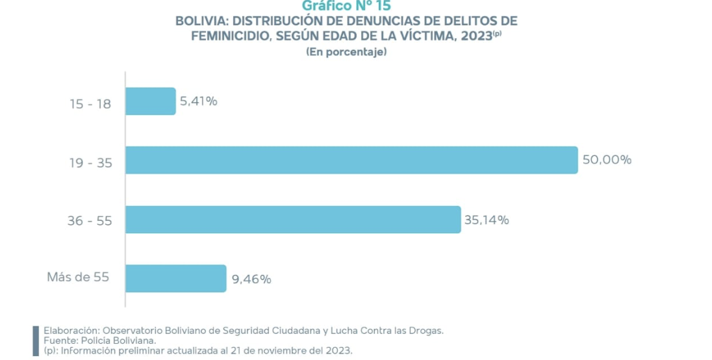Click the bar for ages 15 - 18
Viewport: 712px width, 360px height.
[150, 101]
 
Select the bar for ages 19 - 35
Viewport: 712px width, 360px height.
[351, 160]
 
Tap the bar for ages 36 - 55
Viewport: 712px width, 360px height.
[292, 220]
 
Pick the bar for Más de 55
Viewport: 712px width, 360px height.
[175, 278]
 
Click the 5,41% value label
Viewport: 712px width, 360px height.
[199, 101]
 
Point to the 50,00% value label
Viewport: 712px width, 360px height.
[607, 160]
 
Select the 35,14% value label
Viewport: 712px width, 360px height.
[487, 220]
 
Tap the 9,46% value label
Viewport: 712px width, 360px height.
[251, 279]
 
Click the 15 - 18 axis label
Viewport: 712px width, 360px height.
[90, 103]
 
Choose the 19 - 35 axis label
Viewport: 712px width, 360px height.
[90, 162]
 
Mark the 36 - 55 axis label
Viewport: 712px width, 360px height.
[90, 221]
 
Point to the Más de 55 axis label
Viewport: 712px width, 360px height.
[77, 277]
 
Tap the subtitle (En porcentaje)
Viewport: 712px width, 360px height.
[346, 52]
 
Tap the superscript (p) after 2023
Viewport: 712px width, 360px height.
[497, 33]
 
